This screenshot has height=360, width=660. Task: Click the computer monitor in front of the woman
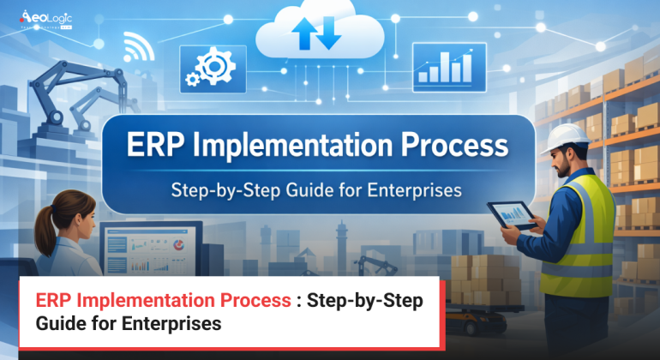tap(151, 249)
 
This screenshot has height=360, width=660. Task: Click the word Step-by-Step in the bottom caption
tap(369, 302)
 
